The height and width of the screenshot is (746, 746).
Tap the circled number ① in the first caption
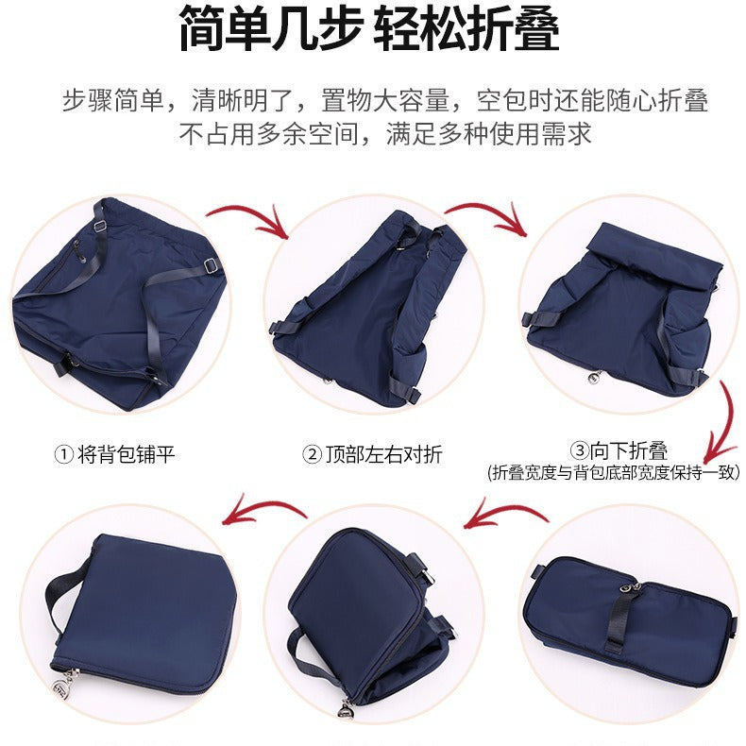coord(64,454)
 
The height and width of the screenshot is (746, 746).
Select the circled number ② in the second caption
coord(313,454)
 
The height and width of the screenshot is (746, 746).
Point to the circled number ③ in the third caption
coord(580,450)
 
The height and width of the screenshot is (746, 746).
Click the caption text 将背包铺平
coord(127,454)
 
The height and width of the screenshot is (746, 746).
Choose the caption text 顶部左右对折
coord(384,454)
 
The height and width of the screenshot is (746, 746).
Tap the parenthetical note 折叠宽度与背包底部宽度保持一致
coord(614,472)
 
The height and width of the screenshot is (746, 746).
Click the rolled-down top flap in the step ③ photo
coord(654,257)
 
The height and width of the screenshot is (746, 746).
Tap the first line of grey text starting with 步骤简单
coord(385,100)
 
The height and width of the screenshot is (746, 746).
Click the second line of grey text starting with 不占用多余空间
coord(385,134)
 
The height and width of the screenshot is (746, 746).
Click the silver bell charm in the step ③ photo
coord(593,378)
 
